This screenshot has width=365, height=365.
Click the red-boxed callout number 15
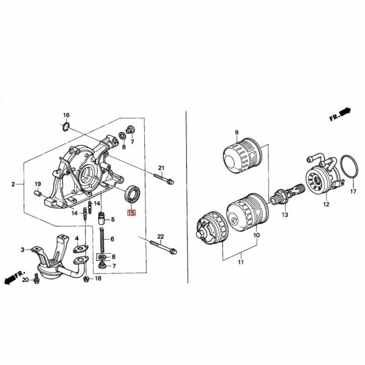(131, 213)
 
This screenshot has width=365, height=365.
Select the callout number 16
(66, 115)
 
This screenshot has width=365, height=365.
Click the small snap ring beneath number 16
(65, 126)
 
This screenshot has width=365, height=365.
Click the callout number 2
(13, 183)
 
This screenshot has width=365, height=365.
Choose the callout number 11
(240, 262)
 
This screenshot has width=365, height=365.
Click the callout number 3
(23, 249)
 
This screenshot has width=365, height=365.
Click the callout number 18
(98, 278)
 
